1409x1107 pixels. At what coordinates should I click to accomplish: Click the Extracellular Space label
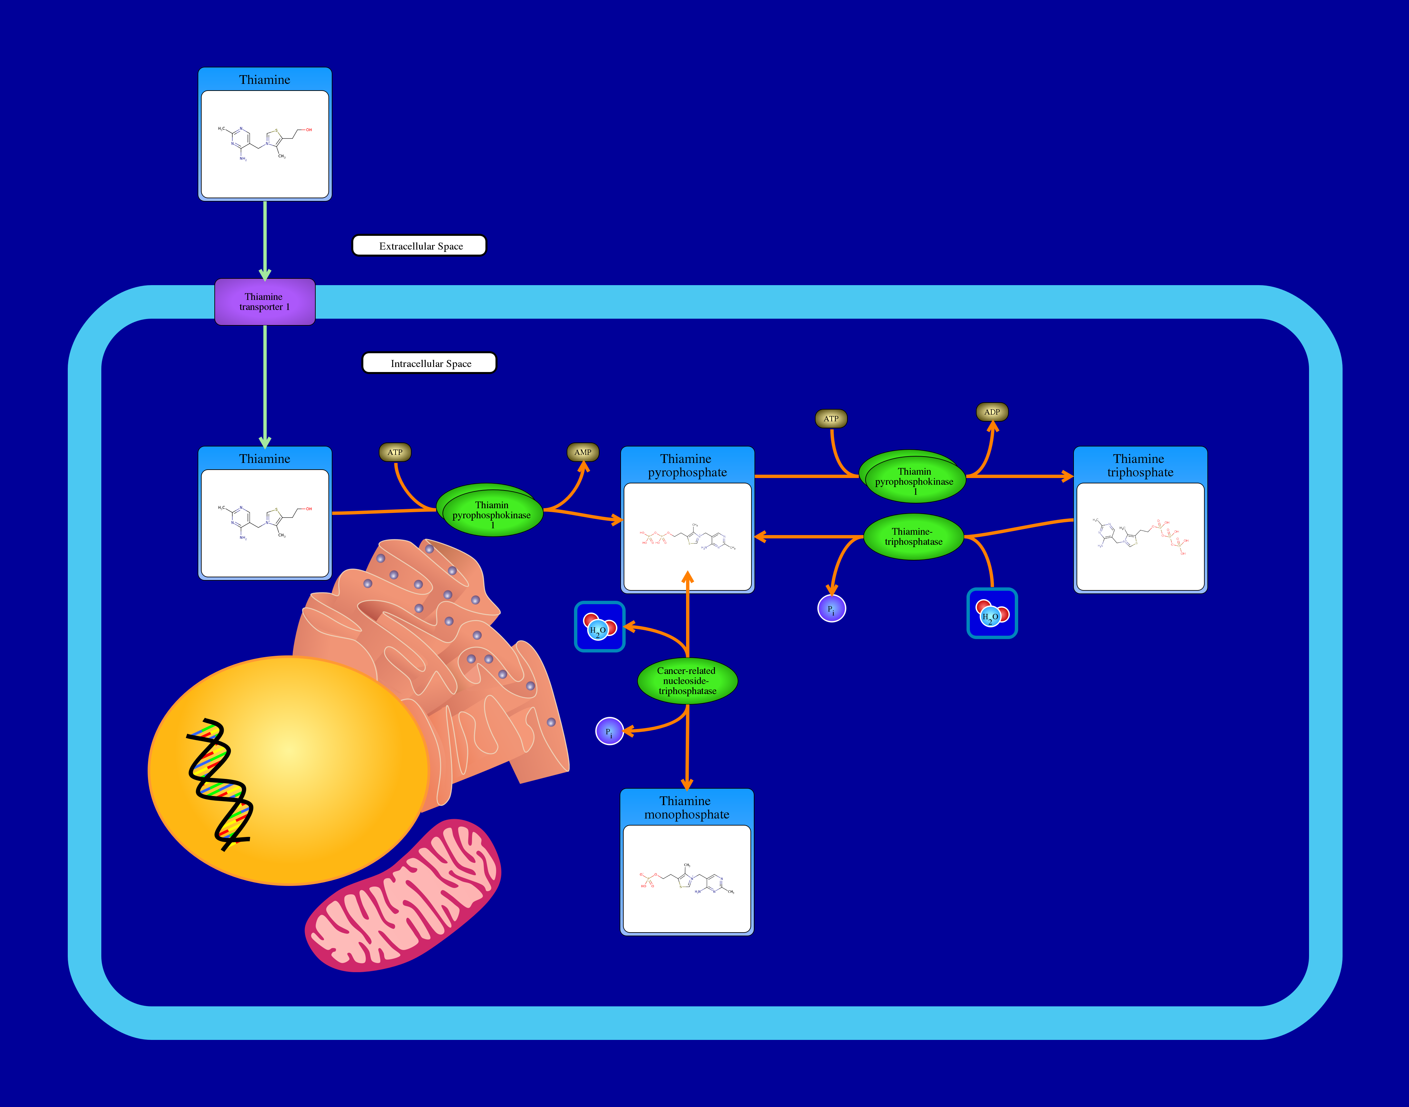pos(419,246)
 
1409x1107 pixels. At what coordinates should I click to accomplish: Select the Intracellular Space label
pos(429,363)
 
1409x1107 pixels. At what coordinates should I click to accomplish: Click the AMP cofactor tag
pos(583,452)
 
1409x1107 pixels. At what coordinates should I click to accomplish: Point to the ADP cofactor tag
pos(992,412)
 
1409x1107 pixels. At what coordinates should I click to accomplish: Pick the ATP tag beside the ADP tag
pos(831,419)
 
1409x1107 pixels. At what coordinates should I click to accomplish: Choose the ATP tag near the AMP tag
pos(395,452)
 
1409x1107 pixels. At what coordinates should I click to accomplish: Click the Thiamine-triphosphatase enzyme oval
pos(913,537)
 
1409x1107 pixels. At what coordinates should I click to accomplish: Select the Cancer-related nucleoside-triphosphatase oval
pos(687,681)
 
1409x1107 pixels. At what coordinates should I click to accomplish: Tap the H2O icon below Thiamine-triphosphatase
pos(992,613)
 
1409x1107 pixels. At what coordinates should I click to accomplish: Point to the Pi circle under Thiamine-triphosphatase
pos(832,609)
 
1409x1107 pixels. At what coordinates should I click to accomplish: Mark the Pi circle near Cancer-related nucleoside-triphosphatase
pos(609,731)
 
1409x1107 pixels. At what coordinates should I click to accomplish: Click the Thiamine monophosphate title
pos(686,807)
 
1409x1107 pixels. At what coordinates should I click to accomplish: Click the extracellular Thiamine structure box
pos(264,144)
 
